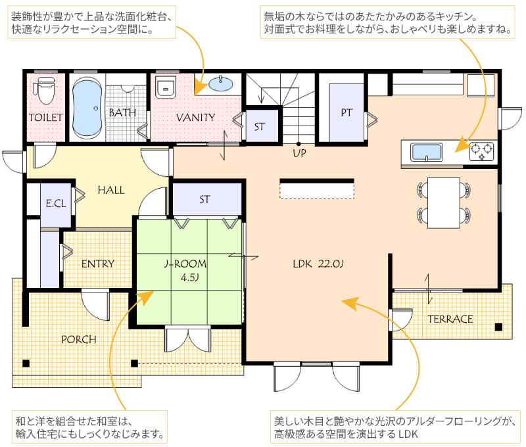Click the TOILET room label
45,118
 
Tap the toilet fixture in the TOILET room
44,90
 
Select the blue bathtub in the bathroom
87,108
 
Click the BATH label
122,112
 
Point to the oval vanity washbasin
220,84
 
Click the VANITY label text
195,118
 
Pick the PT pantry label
347,112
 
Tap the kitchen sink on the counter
426,153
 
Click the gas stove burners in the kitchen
482,151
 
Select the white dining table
443,203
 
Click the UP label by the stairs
299,154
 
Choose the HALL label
111,191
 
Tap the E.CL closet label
56,204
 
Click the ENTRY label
98,264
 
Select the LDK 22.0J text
318,264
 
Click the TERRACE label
450,319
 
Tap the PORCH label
79,340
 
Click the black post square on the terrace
498,327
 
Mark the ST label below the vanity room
204,200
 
